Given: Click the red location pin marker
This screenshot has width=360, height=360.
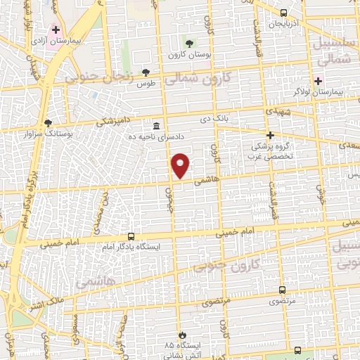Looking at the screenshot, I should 181,166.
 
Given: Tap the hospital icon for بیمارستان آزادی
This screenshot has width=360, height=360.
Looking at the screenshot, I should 56,30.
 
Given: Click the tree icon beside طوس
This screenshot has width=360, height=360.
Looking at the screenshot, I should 146,72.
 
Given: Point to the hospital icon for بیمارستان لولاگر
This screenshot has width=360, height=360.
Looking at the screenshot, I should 318,80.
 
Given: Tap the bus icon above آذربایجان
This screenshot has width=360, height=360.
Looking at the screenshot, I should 283,13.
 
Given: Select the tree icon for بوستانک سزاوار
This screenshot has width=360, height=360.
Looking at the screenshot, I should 48,122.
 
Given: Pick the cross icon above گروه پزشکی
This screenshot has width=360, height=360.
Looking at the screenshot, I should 269,135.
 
